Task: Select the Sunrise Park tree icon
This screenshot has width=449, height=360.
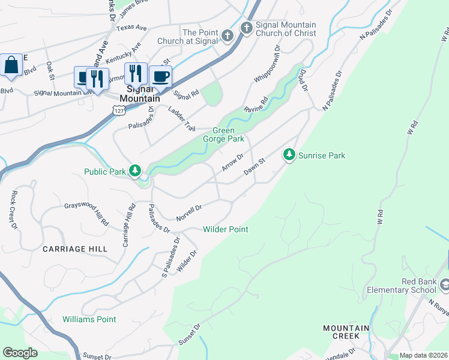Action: (289, 155)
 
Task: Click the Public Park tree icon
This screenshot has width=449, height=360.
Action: (136, 172)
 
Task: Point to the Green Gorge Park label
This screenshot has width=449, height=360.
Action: (228, 134)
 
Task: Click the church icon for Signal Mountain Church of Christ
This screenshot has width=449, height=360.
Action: (246, 28)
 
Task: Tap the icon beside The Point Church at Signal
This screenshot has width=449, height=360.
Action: (227, 36)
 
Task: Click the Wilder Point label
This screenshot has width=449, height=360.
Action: (225, 229)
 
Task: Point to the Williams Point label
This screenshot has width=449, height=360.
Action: (89, 319)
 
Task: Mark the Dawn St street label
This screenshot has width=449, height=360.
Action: (255, 167)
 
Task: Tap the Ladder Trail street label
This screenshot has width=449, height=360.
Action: (182, 120)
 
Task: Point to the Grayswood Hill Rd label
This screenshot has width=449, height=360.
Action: (87, 214)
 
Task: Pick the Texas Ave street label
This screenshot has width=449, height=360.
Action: (132, 28)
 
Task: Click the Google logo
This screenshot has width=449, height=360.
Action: (20, 353)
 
